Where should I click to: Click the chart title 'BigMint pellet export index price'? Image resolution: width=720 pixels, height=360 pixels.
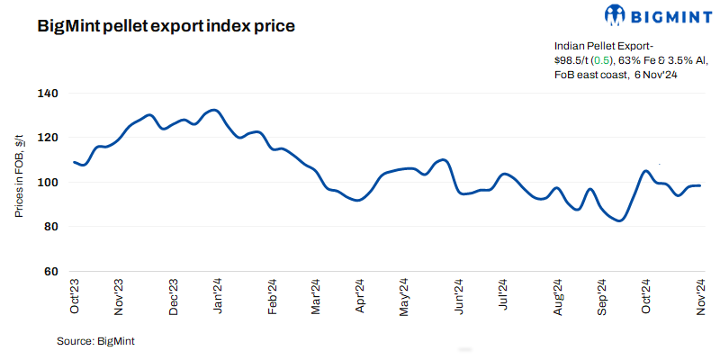click(166, 26)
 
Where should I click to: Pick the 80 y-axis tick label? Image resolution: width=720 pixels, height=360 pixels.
click(50, 227)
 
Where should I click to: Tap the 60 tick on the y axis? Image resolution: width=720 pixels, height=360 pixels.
click(50, 271)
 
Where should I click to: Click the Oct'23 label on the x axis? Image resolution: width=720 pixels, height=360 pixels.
click(75, 296)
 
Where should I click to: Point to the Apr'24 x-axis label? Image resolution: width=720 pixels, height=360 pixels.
click(360, 296)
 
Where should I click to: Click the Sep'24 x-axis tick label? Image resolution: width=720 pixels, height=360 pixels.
click(601, 296)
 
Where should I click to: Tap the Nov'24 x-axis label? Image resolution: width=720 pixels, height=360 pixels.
click(699, 296)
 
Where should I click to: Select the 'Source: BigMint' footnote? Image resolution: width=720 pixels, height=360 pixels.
click(95, 342)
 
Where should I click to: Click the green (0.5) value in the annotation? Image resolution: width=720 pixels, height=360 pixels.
click(600, 59)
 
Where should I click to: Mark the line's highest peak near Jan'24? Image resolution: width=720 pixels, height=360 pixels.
click(213, 110)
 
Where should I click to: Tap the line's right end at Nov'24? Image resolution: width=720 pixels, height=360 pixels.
click(700, 185)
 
